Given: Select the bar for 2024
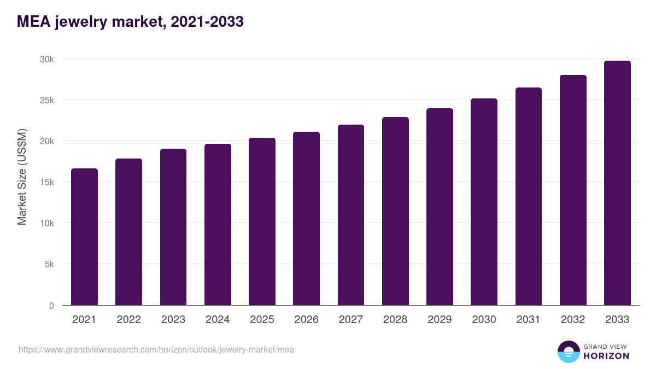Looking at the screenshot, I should click(218, 225).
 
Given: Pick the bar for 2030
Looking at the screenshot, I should click(484, 202).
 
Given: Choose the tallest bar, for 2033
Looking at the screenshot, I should click(617, 183).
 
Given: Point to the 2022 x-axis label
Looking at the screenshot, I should click(128, 320).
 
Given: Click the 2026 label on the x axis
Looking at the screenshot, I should click(306, 320).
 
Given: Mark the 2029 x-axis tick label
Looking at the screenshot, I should click(440, 320).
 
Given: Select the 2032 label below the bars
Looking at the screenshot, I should click(573, 320).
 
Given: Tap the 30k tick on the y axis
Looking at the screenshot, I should click(46, 59).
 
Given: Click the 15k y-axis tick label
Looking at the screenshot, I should click(46, 182).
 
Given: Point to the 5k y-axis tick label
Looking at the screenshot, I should click(49, 264).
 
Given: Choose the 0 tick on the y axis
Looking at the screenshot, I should click(51, 306).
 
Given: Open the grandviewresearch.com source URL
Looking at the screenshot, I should click(156, 349).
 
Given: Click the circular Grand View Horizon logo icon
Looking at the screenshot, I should click(569, 352).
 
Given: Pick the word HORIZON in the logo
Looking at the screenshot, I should click(606, 356).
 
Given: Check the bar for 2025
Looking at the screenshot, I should click(262, 221).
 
